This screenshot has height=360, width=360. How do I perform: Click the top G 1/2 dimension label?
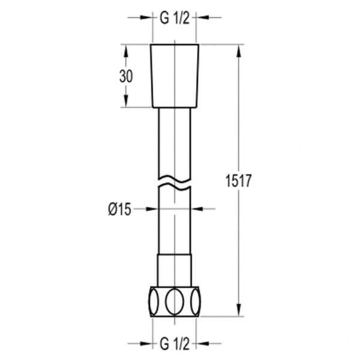[x=175, y=18]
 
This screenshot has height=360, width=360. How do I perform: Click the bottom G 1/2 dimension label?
[x=175, y=344]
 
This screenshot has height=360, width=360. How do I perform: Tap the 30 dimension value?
[x=126, y=76]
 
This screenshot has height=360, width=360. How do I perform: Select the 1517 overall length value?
[x=239, y=181]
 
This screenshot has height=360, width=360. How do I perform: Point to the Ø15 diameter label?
[x=119, y=209]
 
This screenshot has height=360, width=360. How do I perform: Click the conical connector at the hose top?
[x=175, y=76]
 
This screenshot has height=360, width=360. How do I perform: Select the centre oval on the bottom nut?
[x=175, y=301]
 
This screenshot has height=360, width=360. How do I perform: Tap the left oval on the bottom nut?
[x=154, y=301]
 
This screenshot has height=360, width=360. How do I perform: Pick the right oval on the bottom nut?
[x=196, y=301]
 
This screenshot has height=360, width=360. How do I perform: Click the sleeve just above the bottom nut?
[x=175, y=270]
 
